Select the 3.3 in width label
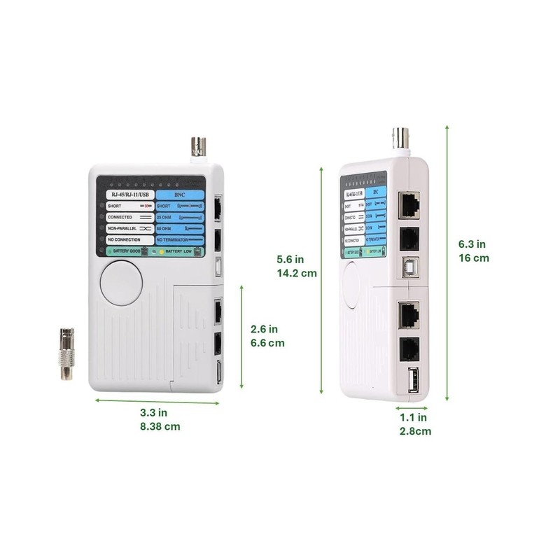pos(153,412)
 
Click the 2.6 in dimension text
pos(265,329)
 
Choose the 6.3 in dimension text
pos(472,244)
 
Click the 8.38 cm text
pos(160,426)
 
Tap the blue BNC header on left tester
pos(178,195)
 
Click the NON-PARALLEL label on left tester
pos(123,228)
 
